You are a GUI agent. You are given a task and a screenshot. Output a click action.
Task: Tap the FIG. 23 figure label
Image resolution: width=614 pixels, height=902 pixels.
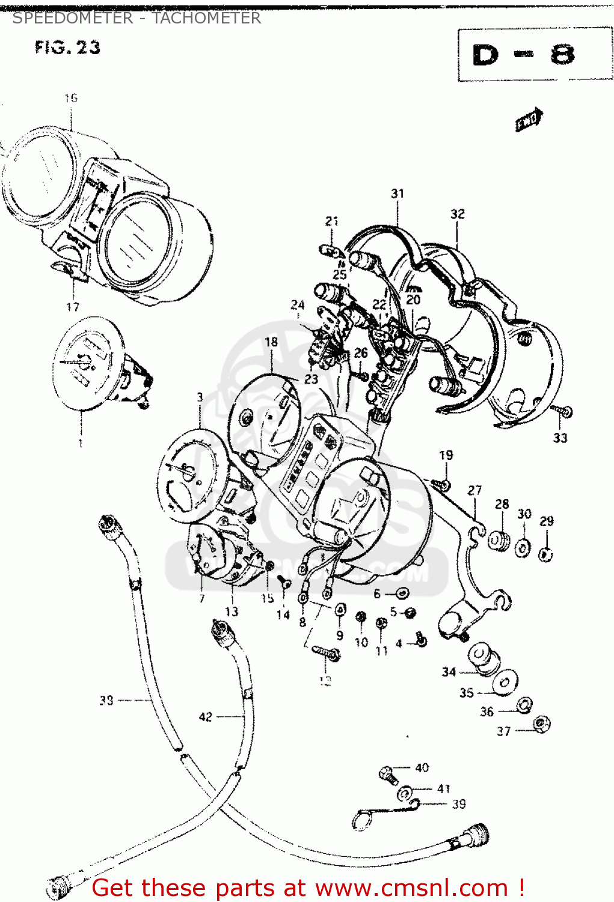click(x=67, y=48)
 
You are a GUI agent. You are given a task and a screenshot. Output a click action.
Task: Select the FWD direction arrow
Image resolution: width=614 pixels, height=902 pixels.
click(x=529, y=120)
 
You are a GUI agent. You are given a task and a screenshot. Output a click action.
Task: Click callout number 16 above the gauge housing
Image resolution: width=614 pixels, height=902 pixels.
click(x=71, y=98)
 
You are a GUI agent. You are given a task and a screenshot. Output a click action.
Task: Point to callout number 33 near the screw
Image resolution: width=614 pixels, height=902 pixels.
click(x=560, y=438)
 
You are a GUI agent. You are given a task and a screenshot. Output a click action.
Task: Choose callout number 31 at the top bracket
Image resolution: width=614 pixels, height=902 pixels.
click(x=398, y=194)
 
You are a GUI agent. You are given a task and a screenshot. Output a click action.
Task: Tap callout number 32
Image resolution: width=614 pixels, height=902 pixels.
click(x=457, y=214)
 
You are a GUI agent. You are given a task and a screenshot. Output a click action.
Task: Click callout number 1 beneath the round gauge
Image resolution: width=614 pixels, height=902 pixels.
click(x=81, y=443)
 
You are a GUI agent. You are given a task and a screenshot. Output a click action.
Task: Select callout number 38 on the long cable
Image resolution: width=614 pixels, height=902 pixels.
click(x=106, y=700)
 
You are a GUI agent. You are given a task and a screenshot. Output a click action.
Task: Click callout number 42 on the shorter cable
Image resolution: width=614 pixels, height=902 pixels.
click(x=206, y=717)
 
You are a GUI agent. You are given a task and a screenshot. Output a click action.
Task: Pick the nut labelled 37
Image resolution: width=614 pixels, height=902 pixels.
click(x=542, y=723)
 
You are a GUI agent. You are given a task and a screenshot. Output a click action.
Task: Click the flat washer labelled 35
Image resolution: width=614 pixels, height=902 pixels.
click(x=504, y=683)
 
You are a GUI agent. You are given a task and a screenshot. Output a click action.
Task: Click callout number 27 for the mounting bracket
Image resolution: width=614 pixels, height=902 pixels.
click(x=474, y=491)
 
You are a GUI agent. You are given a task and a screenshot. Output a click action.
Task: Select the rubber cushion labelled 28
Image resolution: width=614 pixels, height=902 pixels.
click(x=499, y=540)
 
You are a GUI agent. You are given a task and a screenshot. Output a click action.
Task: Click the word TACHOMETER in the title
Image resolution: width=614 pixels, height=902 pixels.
click(x=206, y=18)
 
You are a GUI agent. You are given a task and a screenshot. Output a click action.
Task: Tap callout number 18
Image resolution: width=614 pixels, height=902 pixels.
click(x=271, y=342)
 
